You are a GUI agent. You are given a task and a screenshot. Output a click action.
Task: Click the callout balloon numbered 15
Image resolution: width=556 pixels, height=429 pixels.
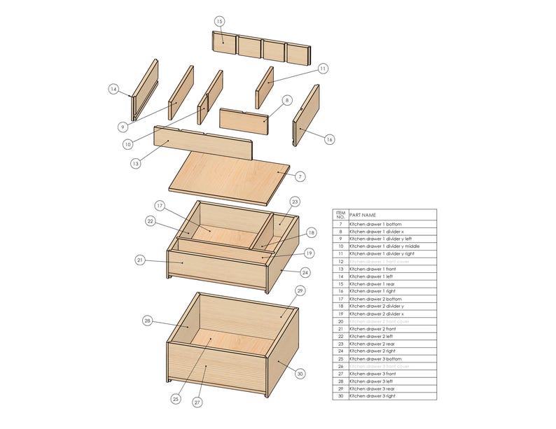(219, 22)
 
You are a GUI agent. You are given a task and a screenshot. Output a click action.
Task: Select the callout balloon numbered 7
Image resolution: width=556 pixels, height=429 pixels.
(300, 177)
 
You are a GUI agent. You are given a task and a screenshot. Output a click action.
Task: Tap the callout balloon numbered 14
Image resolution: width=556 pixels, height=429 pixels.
(113, 89)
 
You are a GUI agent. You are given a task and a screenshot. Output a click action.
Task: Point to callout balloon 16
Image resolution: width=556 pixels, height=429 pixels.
(329, 139)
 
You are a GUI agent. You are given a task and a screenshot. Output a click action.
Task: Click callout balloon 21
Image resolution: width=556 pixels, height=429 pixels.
(140, 260)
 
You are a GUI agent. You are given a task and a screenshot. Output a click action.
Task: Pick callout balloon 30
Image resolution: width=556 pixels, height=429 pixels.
(300, 374)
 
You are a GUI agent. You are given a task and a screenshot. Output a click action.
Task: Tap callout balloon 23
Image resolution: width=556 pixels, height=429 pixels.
(295, 202)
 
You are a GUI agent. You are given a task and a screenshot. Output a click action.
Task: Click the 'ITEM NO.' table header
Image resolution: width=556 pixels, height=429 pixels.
(340, 215)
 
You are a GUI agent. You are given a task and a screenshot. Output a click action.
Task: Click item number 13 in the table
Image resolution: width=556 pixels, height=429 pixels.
(340, 269)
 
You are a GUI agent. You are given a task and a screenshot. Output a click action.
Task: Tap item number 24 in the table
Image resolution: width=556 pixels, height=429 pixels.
(340, 351)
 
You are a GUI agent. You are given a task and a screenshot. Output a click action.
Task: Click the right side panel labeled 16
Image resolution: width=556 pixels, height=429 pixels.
(306, 115)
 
